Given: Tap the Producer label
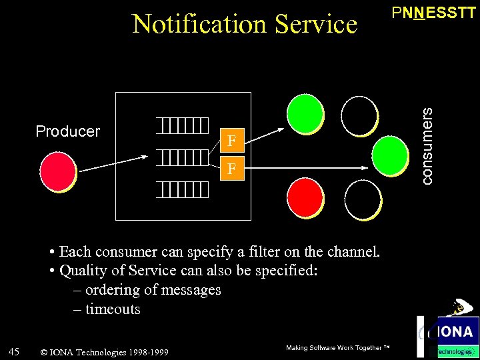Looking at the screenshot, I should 67,131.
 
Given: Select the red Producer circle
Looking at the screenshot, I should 57,172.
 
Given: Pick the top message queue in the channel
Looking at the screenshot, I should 183,125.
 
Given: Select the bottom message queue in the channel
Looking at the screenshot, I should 183,190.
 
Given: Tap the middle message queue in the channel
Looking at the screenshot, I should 183,157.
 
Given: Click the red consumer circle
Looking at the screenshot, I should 305,197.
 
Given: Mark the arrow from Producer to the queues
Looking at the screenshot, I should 111,163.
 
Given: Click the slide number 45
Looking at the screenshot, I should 14,351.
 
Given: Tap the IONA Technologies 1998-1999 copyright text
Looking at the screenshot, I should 105,352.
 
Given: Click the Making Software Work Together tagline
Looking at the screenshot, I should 337,348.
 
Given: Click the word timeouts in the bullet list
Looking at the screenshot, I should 113,309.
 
